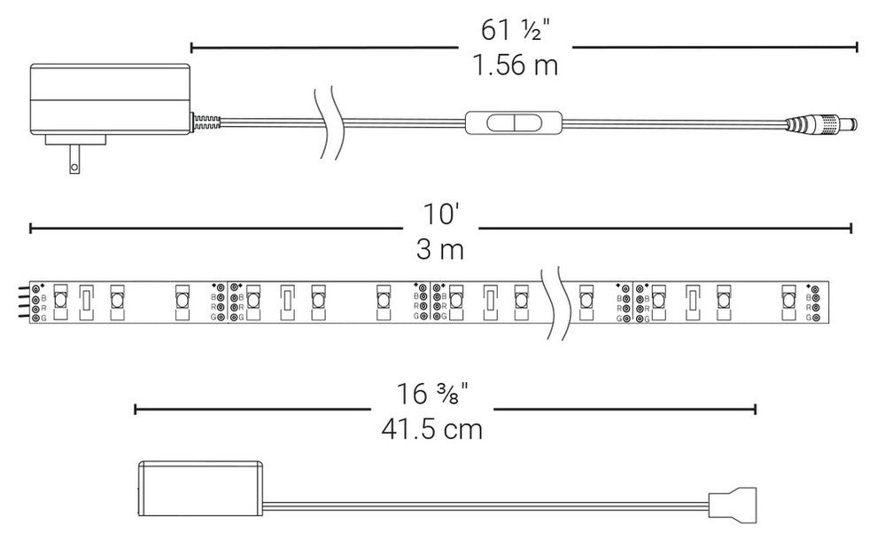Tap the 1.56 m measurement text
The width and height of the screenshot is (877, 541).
515,65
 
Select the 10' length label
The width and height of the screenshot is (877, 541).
441,215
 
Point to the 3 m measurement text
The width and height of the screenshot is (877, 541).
440,249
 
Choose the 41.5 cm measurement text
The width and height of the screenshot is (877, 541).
431,429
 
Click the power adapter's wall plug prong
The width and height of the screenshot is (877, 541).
74,159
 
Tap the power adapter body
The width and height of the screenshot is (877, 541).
110,99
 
